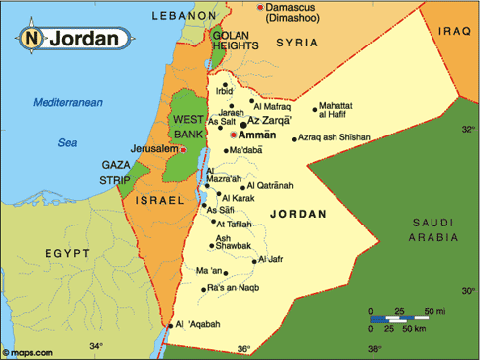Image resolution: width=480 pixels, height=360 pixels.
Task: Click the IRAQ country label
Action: click(452, 32)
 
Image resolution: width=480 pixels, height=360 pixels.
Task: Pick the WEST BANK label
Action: click(189, 127)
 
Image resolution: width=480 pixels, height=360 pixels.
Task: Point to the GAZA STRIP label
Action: click(121, 173)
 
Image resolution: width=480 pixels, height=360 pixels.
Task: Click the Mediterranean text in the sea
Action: click(67, 103)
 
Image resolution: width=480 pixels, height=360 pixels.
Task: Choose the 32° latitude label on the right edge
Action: click(468, 129)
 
